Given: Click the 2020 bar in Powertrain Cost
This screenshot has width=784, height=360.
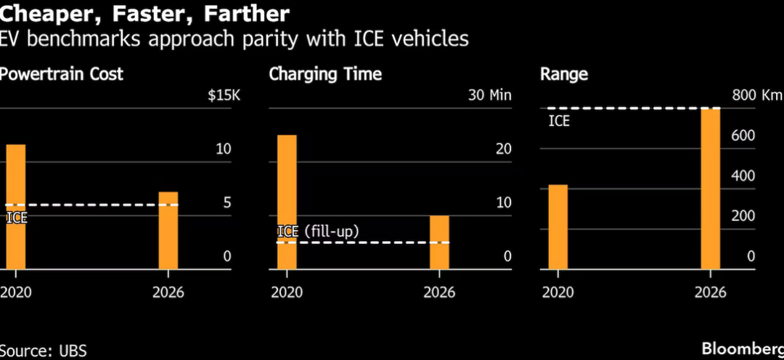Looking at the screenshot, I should (16, 207).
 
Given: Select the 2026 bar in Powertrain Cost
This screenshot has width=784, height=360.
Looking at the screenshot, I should (168, 231).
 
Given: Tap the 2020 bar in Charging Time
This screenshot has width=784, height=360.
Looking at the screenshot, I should (287, 202).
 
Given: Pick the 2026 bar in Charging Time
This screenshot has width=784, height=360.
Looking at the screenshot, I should (439, 242).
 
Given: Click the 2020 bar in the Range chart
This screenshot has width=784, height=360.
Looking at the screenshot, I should (558, 227).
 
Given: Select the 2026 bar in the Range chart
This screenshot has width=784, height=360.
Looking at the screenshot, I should (711, 189).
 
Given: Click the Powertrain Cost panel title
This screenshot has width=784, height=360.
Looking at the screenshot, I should (62, 74).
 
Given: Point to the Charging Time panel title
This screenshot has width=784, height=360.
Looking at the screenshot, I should (325, 74).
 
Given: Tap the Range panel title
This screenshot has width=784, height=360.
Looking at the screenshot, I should (564, 74).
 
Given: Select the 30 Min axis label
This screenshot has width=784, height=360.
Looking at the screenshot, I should (490, 95).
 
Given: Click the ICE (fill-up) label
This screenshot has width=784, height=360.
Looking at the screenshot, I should (319, 232).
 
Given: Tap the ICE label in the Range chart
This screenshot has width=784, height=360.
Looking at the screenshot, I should (559, 120).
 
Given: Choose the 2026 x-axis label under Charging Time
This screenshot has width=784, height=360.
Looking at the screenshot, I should (439, 292).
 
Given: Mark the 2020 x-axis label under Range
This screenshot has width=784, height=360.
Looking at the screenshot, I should (558, 292).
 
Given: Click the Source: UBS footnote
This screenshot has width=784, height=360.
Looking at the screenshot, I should (44, 351).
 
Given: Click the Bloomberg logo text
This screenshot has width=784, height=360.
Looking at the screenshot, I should (743, 347).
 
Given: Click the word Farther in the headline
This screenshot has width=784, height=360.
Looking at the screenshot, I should (245, 13).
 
